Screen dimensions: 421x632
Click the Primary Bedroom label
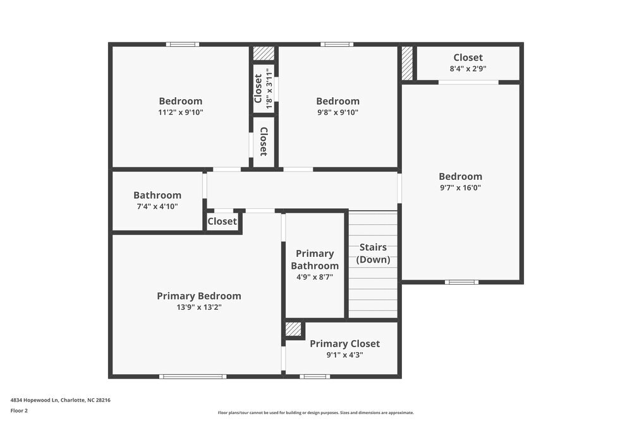pyautogui.click(x=198, y=296)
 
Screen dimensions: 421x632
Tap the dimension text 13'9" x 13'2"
pyautogui.click(x=198, y=307)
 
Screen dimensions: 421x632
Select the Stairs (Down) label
pyautogui.click(x=373, y=253)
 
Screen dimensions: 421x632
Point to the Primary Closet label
pyautogui.click(x=344, y=343)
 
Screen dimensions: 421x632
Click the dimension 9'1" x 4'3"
pyautogui.click(x=344, y=355)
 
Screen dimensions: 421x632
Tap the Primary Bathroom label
pyautogui.click(x=315, y=259)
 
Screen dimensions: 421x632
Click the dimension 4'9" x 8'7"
pyautogui.click(x=315, y=276)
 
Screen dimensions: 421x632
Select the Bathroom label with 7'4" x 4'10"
pyautogui.click(x=157, y=195)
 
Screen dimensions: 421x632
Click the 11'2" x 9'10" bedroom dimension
pyautogui.click(x=181, y=112)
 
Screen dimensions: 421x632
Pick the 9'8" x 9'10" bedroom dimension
pyautogui.click(x=337, y=112)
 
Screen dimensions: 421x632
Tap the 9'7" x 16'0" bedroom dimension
pyautogui.click(x=460, y=187)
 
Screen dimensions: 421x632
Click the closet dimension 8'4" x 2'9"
pyautogui.click(x=468, y=69)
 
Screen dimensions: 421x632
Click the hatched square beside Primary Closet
pyautogui.click(x=293, y=329)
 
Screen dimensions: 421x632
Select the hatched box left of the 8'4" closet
pyautogui.click(x=407, y=62)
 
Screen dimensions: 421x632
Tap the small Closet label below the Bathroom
pyautogui.click(x=222, y=222)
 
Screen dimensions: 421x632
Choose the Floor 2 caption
pyautogui.click(x=19, y=410)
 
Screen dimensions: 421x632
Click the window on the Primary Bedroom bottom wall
pyautogui.click(x=192, y=377)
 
